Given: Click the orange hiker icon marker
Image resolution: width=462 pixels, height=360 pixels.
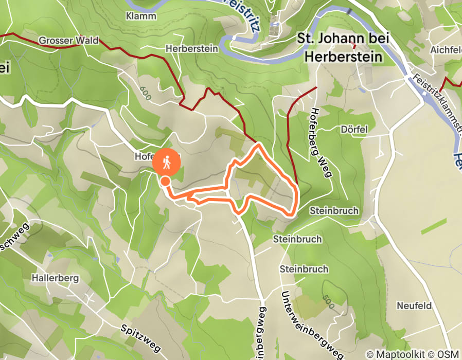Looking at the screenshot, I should pyautogui.click(x=167, y=163).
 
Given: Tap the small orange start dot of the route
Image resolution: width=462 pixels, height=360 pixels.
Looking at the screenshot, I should pyautogui.click(x=165, y=181).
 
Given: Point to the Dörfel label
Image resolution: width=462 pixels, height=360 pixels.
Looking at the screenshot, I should pyautogui.click(x=354, y=130).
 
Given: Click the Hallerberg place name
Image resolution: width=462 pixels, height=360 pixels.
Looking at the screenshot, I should pyautogui.click(x=55, y=278).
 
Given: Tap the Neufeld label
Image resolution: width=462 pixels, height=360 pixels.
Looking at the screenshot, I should pyautogui.click(x=414, y=305).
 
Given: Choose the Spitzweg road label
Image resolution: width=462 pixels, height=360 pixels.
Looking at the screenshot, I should pyautogui.click(x=137, y=334).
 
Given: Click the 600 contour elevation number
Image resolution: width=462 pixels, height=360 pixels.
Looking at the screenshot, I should pyautogui.click(x=146, y=93).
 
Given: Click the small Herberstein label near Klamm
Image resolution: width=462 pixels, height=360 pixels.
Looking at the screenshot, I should pyautogui.click(x=192, y=48).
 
